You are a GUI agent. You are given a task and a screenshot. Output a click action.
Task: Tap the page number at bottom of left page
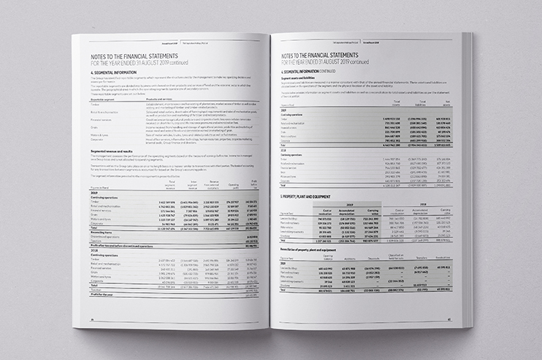93,319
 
